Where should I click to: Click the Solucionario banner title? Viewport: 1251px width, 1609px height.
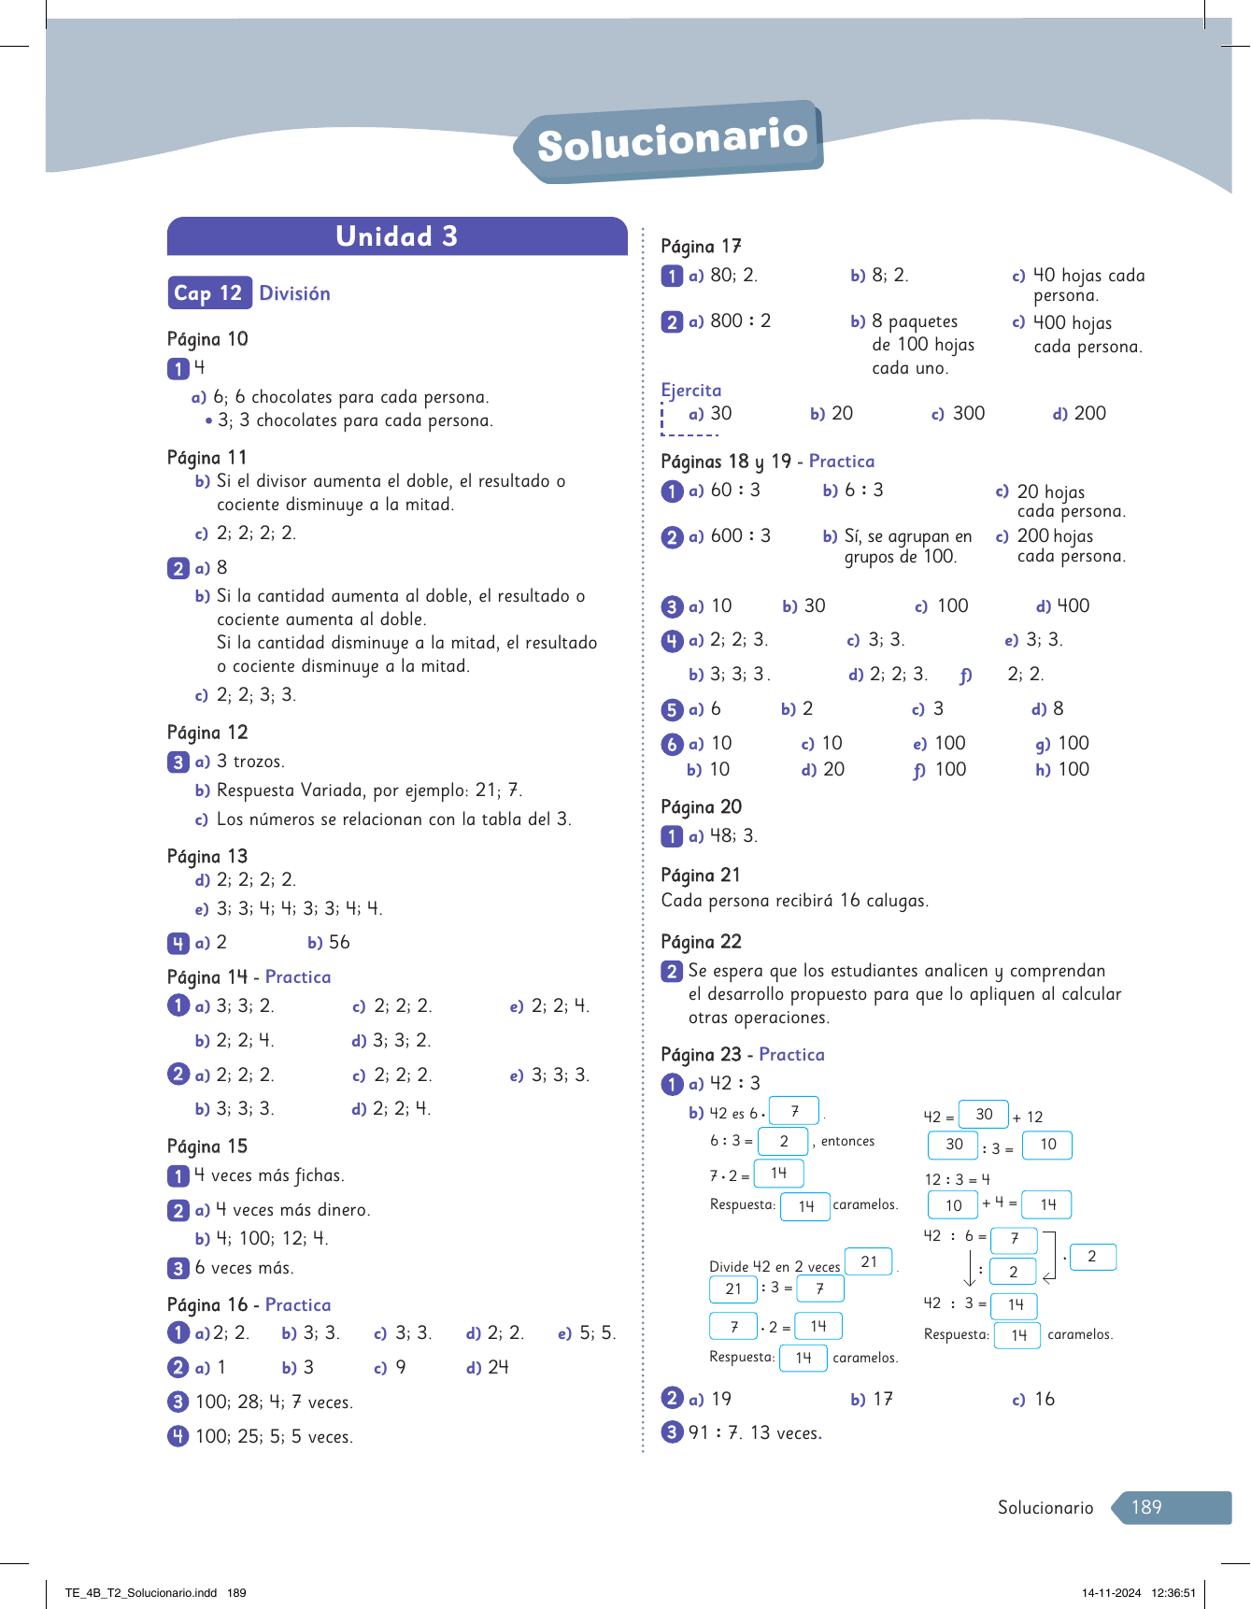pyautogui.click(x=672, y=141)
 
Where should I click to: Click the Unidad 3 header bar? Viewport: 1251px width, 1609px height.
pyautogui.click(x=397, y=236)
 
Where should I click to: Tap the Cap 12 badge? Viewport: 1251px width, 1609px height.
pyautogui.click(x=208, y=293)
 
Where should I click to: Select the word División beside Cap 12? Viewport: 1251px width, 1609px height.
pyautogui.click(x=294, y=293)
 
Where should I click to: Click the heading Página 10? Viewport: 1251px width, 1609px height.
pyautogui.click(x=207, y=339)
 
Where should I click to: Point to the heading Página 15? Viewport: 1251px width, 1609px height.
pyautogui.click(x=207, y=1146)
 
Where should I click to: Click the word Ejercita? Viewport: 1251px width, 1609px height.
pyautogui.click(x=690, y=391)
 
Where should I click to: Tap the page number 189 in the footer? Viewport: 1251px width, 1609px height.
pyautogui.click(x=1146, y=1507)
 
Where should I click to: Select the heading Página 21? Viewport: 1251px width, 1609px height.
pyautogui.click(x=700, y=876)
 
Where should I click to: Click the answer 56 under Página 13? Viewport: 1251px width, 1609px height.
pyautogui.click(x=339, y=943)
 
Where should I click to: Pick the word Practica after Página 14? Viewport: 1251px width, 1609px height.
pyautogui.click(x=298, y=977)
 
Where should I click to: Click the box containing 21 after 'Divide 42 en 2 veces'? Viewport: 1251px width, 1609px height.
pyautogui.click(x=869, y=1262)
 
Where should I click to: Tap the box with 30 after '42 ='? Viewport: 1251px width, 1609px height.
pyautogui.click(x=984, y=1115)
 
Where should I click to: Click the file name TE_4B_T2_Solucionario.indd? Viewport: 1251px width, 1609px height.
pyautogui.click(x=141, y=1593)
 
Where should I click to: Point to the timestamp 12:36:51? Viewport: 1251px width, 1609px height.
pyautogui.click(x=1173, y=1593)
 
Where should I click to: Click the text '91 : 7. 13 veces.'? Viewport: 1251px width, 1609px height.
pyautogui.click(x=755, y=1433)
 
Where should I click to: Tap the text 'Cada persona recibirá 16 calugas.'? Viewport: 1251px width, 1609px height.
pyautogui.click(x=794, y=901)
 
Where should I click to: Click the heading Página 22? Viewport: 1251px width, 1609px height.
pyautogui.click(x=701, y=942)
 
